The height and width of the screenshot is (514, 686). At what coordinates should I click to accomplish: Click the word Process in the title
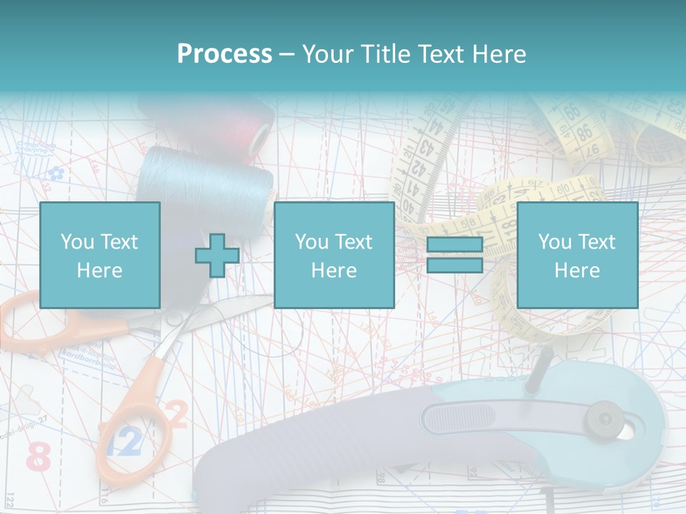(x=224, y=54)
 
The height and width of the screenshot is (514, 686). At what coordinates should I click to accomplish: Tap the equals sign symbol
(x=454, y=256)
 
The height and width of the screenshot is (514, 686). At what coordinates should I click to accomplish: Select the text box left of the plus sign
(x=99, y=255)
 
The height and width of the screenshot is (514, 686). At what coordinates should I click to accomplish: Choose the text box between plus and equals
(x=334, y=255)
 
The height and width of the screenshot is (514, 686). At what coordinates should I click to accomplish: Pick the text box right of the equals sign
(x=577, y=255)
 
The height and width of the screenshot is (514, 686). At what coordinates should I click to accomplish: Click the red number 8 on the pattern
(x=39, y=457)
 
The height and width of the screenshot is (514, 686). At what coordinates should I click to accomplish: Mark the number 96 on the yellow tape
(x=585, y=132)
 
